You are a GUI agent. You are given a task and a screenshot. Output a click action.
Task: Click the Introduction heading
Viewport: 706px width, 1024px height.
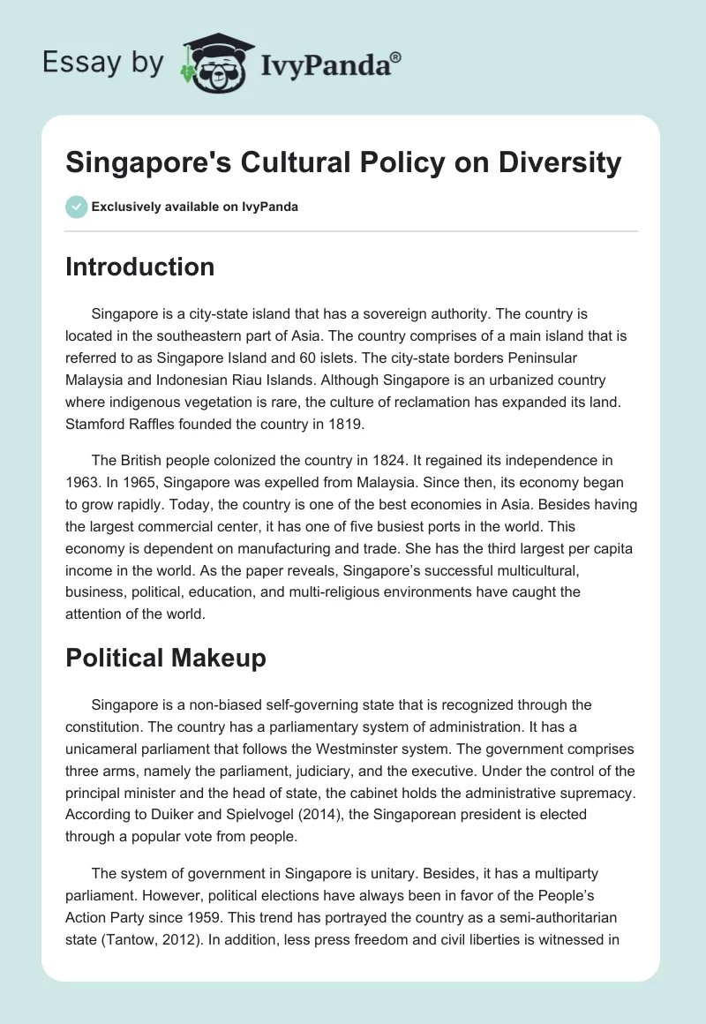139,267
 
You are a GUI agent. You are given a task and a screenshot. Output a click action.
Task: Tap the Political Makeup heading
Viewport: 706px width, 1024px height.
165,659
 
